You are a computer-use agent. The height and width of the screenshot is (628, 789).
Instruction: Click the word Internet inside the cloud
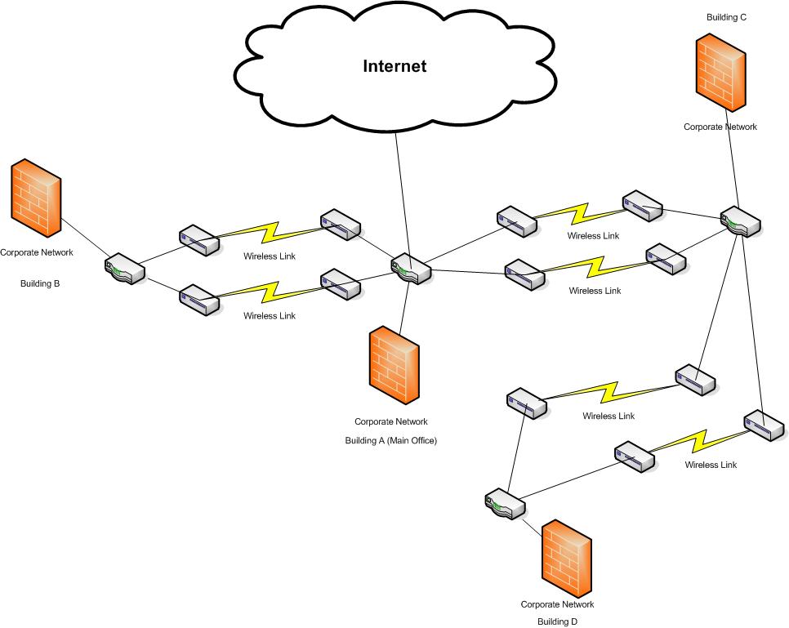pos(394,66)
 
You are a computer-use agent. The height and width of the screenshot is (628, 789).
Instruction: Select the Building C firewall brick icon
pos(720,73)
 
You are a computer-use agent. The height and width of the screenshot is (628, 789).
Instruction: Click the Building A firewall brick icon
pos(394,367)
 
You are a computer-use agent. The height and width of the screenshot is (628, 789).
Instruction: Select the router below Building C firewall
pos(740,222)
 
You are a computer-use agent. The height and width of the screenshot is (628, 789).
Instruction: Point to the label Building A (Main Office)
pos(391,441)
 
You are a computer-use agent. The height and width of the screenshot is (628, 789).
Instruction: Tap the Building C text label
pos(726,17)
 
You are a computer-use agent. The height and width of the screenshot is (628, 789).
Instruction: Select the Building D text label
pos(557,621)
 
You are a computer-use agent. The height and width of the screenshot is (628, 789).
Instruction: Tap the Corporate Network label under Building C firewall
pos(720,127)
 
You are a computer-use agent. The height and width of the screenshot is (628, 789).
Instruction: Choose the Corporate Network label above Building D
pos(557,605)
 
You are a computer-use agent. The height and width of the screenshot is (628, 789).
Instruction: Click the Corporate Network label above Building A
pos(390,422)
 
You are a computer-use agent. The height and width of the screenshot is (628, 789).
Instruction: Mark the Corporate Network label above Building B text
pos(36,252)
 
